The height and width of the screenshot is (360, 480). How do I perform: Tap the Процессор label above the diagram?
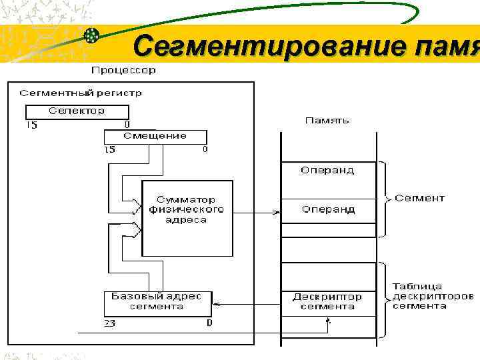(x=123, y=69)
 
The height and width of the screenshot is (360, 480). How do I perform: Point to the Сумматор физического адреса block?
(x=187, y=209)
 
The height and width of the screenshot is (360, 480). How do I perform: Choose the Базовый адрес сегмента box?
(x=157, y=302)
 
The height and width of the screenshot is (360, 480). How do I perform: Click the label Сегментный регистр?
(x=81, y=93)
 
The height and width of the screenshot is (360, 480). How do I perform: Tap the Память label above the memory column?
(x=327, y=121)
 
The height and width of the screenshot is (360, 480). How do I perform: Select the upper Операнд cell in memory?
(x=327, y=171)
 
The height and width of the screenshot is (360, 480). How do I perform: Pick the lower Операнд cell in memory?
(x=327, y=210)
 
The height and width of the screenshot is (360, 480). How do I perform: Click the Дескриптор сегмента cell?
(x=327, y=301)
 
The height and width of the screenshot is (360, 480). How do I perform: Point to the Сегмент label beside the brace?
(x=419, y=198)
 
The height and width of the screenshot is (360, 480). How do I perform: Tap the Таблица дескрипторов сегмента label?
(x=433, y=296)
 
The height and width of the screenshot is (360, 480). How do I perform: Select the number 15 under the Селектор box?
(x=31, y=125)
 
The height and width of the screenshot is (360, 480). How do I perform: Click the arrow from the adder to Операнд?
(x=257, y=213)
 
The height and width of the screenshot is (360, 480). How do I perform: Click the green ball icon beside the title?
(x=92, y=35)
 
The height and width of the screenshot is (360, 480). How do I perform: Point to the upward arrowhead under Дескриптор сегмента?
(x=327, y=321)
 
